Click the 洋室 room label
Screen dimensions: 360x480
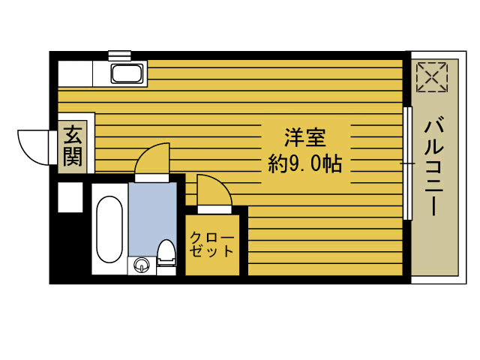click(304, 138)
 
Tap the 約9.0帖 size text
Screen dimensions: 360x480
click(304, 163)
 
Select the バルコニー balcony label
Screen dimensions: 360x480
click(433, 166)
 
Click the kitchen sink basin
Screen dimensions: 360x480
click(129, 73)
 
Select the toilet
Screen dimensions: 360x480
click(166, 253)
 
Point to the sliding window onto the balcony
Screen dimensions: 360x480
click(408, 163)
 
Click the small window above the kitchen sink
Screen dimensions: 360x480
click(119, 55)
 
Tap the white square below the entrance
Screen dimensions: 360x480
click(70, 197)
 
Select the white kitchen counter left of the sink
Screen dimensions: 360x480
click(75, 73)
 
